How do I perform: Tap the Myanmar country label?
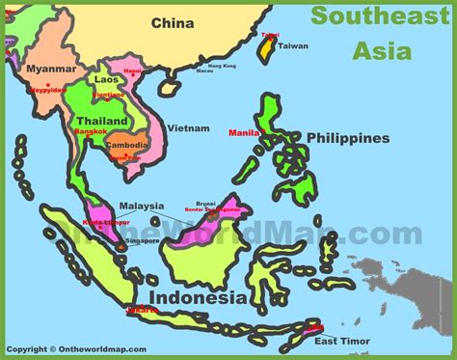coord(51,69)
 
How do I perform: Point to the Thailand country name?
coord(101,120)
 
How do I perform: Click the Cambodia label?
coord(127,146)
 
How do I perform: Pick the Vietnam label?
coord(188,127)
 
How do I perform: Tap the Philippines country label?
coord(348,138)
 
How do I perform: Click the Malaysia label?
coord(141,206)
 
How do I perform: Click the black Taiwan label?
coord(293,45)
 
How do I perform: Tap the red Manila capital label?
coord(243,131)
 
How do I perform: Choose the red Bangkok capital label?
coord(89,131)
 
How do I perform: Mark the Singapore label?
coord(143,240)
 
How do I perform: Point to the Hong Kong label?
coord(221,65)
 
